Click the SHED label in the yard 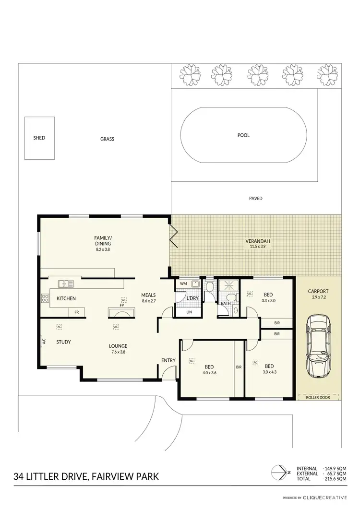click(39, 138)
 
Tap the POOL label click(243, 135)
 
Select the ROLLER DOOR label click(318, 397)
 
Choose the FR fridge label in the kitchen click(76, 312)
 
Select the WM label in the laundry click(183, 284)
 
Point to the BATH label click(226, 303)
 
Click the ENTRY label click(168, 360)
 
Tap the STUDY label click(63, 342)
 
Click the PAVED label click(256, 198)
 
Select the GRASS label click(107, 139)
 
